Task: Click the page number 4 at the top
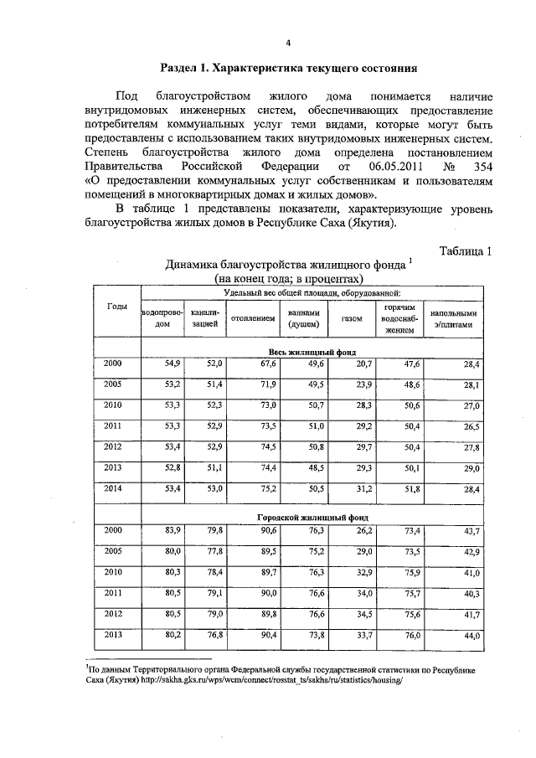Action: [x=287, y=43]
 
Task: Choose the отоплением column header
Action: [x=254, y=318]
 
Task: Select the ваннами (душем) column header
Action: [x=303, y=318]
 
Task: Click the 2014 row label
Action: [x=113, y=487]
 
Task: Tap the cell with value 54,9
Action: [x=172, y=364]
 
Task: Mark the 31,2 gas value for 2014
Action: [x=363, y=488]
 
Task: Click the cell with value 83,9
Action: [x=172, y=530]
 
